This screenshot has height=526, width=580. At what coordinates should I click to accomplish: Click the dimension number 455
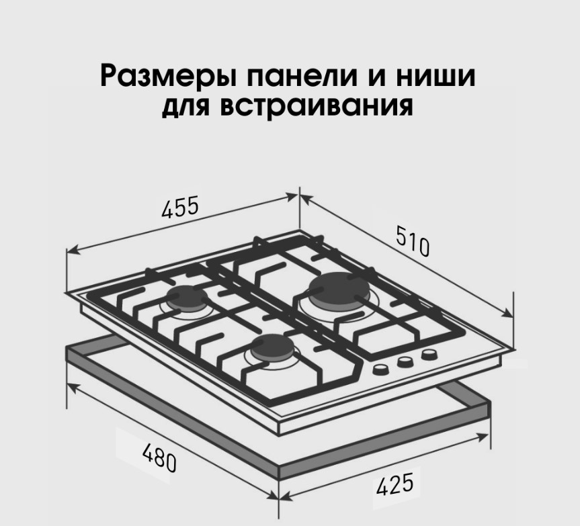click(x=180, y=208)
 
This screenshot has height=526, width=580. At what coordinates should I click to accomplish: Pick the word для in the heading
click(x=186, y=107)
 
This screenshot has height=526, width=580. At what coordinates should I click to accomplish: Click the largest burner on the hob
click(x=340, y=291)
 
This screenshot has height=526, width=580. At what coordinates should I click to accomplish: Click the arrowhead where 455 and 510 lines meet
click(x=298, y=195)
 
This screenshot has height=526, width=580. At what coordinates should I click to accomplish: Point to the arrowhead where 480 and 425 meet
click(x=278, y=498)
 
